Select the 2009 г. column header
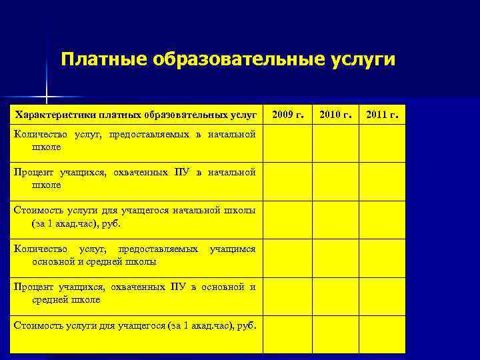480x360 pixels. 288,115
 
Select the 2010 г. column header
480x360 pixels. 335,115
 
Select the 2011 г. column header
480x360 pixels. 383,115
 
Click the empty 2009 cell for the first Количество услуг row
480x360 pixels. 288,143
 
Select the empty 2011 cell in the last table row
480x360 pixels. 383,334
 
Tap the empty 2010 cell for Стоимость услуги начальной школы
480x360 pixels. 335,219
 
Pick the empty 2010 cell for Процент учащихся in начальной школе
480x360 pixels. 335,181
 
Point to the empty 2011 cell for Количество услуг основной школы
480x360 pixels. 383,258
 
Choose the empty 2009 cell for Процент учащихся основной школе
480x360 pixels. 288,296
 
